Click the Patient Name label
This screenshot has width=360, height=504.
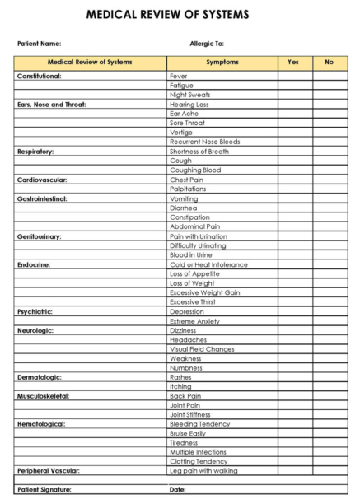pos(39,44)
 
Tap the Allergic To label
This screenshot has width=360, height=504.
pos(207,44)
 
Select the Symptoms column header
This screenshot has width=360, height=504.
pos(222,63)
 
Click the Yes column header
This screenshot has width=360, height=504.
pos(294,63)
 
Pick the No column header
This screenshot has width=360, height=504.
pos(330,63)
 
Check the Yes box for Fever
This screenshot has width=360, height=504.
pos(294,76)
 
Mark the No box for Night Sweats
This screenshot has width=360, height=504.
pos(330,95)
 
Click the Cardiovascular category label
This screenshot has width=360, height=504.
pos(42,180)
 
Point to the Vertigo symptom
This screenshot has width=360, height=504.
pos(181,132)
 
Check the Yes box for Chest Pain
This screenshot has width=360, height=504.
pos(294,180)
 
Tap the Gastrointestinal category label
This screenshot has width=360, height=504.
pos(42,198)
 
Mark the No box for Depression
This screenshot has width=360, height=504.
pos(330,312)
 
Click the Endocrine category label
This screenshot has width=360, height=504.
pos(34,264)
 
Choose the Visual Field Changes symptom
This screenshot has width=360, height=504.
pos(202,349)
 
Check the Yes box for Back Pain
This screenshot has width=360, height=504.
pos(294,396)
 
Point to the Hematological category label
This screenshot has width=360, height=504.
pos(40,424)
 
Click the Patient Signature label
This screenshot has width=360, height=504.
pos(44,490)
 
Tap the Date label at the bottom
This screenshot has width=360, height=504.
pos(177,490)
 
